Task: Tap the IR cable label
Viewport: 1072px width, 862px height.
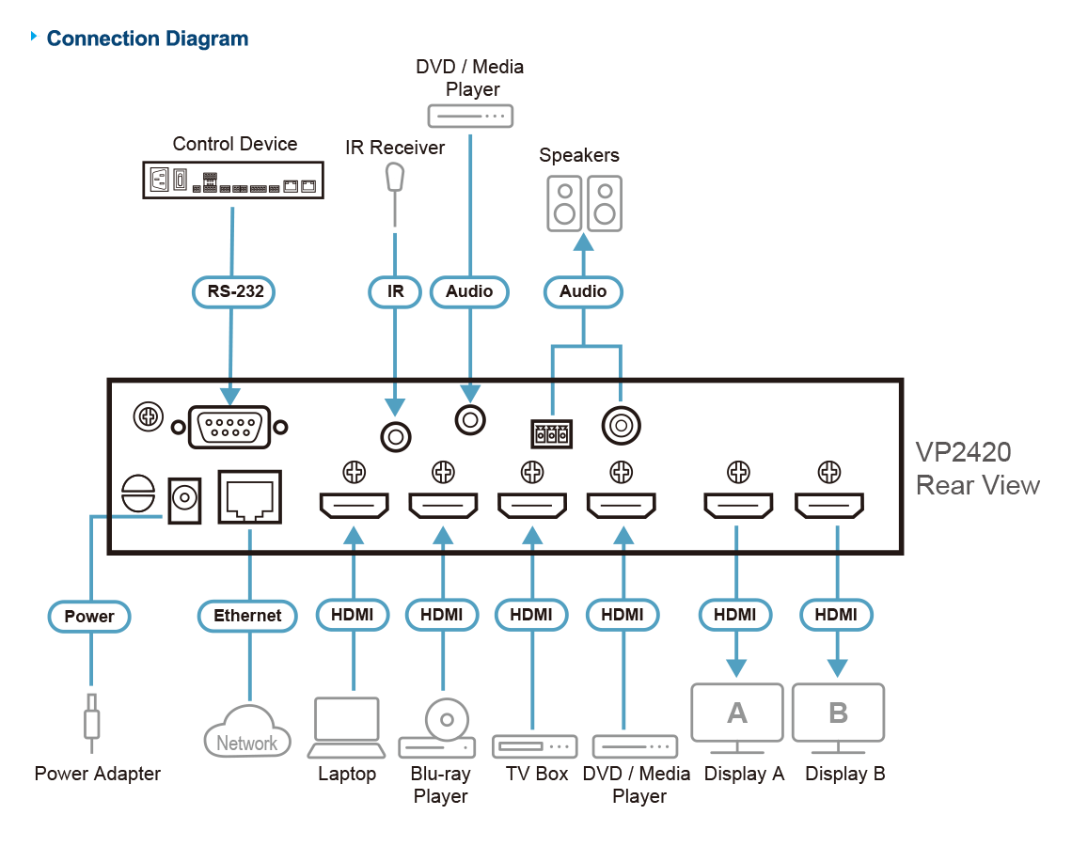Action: pos(395,291)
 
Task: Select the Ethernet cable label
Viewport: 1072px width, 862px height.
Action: pos(247,616)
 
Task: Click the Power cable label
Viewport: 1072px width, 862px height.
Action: pos(89,617)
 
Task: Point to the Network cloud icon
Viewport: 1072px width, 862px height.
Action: pos(247,730)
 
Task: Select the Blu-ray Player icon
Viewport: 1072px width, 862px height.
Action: pos(440,729)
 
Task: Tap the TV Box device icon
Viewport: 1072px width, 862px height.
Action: pos(534,746)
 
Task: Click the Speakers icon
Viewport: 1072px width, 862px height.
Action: pos(584,202)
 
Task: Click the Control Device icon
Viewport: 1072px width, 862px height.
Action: pos(233,179)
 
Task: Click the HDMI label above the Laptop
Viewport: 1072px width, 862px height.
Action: pos(353,615)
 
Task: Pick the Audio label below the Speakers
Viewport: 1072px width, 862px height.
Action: pos(583,291)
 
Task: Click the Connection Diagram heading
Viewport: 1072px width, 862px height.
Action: pos(148,39)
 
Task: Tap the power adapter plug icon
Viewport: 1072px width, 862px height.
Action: pos(91,722)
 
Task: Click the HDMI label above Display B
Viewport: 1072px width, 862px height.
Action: pos(836,615)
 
